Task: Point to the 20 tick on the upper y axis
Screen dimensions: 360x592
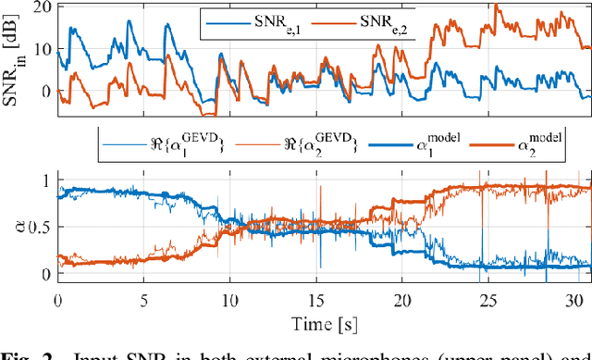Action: click(x=40, y=6)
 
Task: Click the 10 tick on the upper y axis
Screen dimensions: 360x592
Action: click(x=40, y=49)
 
